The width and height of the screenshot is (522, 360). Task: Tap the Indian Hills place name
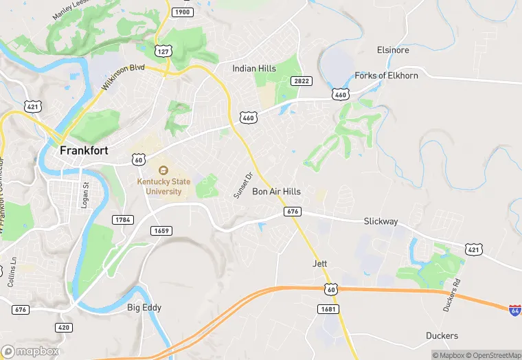(x=253, y=69)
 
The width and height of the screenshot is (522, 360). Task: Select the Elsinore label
(x=393, y=50)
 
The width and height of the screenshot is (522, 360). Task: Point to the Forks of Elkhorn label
(x=386, y=76)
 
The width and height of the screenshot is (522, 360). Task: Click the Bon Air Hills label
(x=277, y=192)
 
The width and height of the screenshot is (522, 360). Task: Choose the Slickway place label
(x=381, y=221)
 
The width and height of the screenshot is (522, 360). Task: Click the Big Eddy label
(x=144, y=307)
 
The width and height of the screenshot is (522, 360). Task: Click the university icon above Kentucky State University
(x=163, y=170)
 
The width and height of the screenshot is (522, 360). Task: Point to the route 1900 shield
(x=182, y=12)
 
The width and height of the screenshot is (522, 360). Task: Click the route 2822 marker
(x=302, y=81)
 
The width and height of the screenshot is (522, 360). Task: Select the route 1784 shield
(x=122, y=219)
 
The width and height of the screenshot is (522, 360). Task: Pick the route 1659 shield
(x=162, y=231)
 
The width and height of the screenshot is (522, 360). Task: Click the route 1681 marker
(x=328, y=310)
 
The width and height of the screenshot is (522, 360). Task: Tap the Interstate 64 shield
(x=514, y=310)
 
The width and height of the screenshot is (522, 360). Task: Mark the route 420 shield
(x=64, y=327)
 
